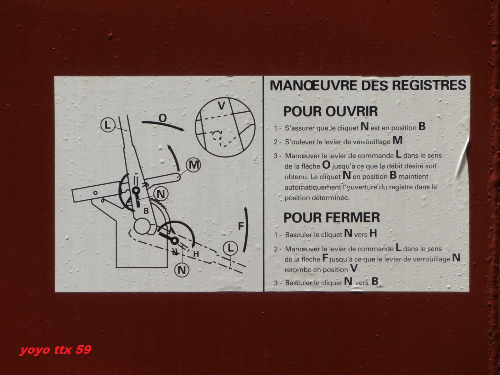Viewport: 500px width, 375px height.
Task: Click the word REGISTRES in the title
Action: click(x=429, y=85)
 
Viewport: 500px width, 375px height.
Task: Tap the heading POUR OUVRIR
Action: click(x=331, y=111)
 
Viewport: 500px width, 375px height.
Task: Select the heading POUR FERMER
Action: click(x=332, y=217)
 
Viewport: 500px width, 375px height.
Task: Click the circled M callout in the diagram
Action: click(x=193, y=165)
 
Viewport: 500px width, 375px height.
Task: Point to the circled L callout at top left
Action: click(x=107, y=125)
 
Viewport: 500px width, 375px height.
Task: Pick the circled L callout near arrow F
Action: click(x=231, y=248)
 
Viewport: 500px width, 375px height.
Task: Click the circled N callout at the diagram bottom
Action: click(x=182, y=270)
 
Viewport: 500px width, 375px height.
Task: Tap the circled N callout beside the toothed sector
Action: click(x=161, y=194)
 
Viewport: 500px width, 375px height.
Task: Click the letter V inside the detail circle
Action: click(x=222, y=106)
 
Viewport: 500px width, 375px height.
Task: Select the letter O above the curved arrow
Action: click(x=162, y=118)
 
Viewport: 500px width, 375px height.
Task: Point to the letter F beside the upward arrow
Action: click(x=241, y=226)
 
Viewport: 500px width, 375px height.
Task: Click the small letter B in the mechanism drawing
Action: click(x=146, y=211)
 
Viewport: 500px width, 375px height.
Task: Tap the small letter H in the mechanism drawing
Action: click(x=196, y=254)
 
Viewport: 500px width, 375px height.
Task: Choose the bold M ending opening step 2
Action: click(x=397, y=140)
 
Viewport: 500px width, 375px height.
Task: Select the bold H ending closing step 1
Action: click(x=373, y=233)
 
